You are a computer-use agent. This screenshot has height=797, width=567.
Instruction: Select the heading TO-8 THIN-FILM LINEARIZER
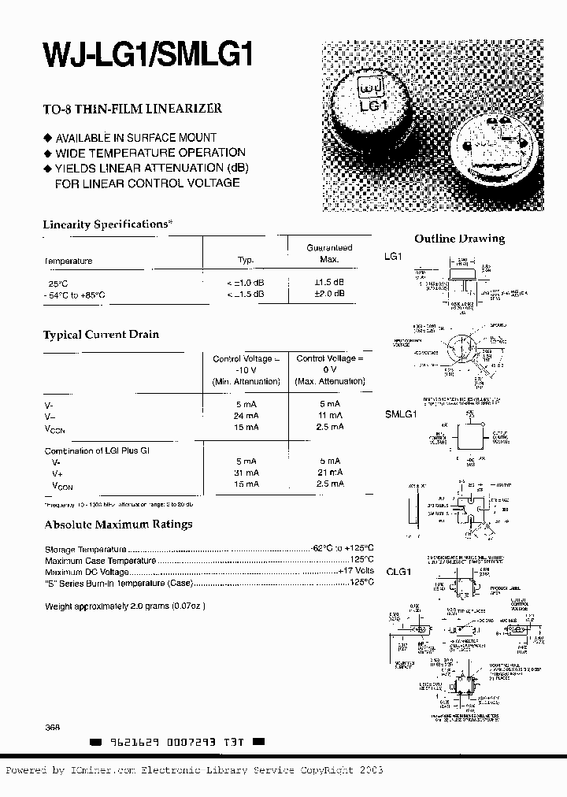coord(132,109)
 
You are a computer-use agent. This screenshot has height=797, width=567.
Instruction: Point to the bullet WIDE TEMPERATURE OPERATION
coord(150,152)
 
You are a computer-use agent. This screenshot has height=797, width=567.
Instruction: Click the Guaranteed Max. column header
coord(329,253)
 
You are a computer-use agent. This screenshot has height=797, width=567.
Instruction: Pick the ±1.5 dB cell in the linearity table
coord(329,282)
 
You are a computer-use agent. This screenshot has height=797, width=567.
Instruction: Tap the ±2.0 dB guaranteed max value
coord(329,294)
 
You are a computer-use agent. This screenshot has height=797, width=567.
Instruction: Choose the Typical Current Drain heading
coord(101,335)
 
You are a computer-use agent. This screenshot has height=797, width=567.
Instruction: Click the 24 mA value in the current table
coord(246,415)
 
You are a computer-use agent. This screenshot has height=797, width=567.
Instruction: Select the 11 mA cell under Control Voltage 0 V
coord(330,415)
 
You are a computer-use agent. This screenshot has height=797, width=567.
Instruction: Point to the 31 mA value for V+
coord(246,473)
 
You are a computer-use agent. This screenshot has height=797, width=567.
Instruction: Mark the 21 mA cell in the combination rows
coord(330,473)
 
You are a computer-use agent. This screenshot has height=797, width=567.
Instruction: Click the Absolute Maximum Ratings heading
coord(118,525)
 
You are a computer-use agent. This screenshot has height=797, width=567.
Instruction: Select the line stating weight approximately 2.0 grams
coord(124,606)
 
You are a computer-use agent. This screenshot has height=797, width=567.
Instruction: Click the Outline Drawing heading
coord(459,239)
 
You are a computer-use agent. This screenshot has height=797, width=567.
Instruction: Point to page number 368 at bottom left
coord(53,728)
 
